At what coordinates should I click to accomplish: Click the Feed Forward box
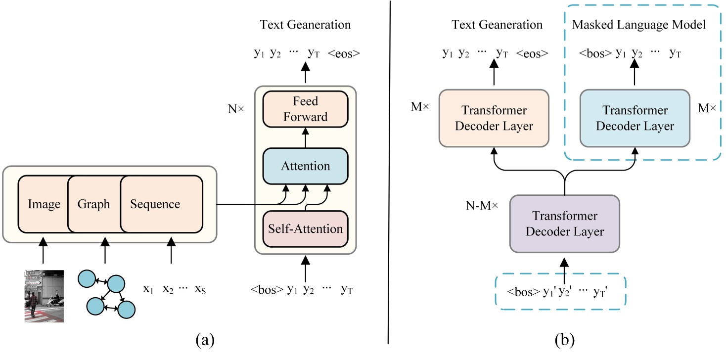[305, 109]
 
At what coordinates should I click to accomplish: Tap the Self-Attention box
[305, 228]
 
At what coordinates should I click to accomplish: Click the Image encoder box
[43, 204]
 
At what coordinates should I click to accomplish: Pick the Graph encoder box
[94, 204]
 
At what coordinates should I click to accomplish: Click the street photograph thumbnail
[44, 296]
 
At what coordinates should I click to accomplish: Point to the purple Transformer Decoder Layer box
[564, 224]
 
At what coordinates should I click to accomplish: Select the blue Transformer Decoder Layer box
[635, 118]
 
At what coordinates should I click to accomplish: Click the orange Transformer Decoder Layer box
[494, 118]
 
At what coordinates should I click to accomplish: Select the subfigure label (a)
[205, 340]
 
